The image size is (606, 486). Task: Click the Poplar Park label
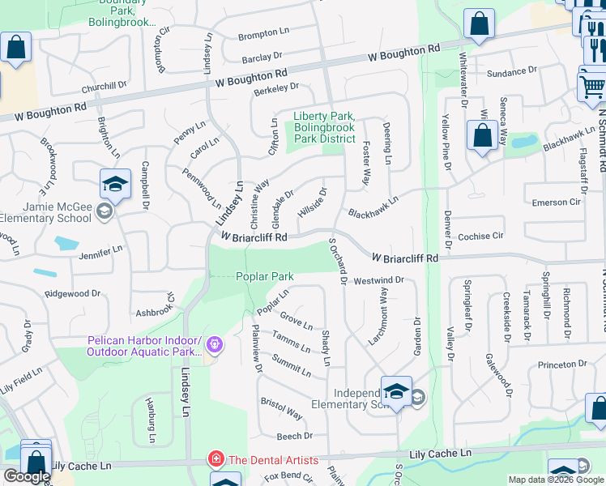tap(264, 276)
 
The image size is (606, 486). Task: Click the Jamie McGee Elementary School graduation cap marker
tap(116, 185)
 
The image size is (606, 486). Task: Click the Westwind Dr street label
tap(378, 280)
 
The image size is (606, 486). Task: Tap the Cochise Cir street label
tap(480, 236)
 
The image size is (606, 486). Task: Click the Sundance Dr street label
tap(512, 73)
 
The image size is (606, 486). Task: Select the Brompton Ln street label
tap(263, 35)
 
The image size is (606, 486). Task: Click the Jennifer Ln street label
tap(100, 251)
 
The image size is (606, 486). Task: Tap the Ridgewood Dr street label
tap(72, 293)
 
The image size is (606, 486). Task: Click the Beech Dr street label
tap(295, 436)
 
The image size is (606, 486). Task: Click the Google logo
tap(27, 476)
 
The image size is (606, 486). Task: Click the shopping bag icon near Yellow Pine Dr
tap(482, 137)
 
